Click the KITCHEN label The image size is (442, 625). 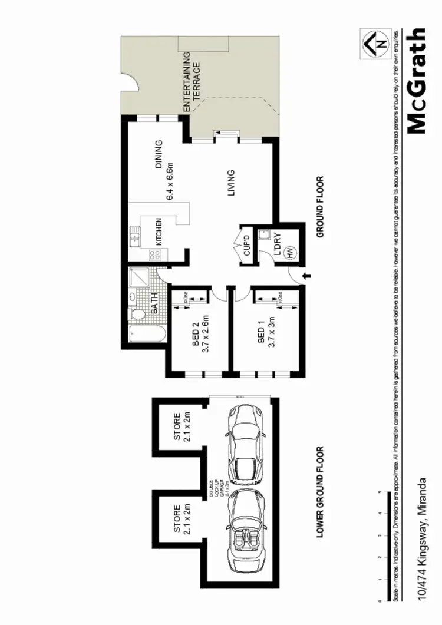[x=159, y=231]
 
